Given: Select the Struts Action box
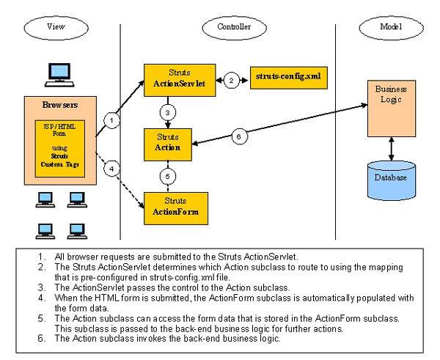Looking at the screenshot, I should pyautogui.click(x=168, y=141).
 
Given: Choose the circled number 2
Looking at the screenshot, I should pyautogui.click(x=232, y=80).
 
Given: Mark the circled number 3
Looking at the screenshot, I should pyautogui.click(x=167, y=112).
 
